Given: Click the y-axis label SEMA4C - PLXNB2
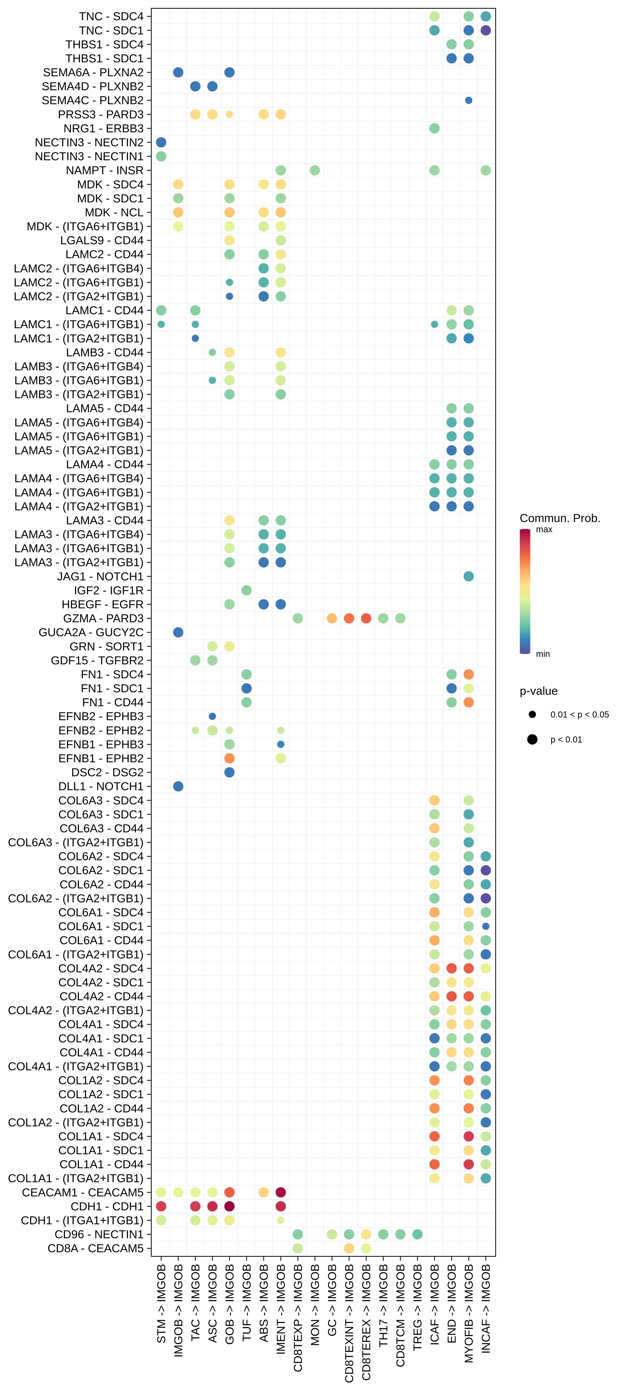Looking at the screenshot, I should point(93,100).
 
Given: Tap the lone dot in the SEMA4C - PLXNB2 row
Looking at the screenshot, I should point(469,100).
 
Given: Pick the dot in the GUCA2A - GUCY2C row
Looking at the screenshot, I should point(178,632).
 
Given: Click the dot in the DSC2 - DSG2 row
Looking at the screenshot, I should point(229,772).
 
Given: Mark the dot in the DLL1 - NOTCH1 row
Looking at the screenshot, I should point(178,786).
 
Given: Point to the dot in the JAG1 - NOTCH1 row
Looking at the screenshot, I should point(469,576).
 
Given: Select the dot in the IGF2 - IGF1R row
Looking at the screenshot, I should point(247,590).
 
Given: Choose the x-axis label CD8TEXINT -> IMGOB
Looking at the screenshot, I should point(349,1323).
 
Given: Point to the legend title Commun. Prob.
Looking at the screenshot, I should point(560,518).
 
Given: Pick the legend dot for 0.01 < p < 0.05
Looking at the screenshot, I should point(532,714).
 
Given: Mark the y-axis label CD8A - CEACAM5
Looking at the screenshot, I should point(96,1248).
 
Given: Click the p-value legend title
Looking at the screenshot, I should point(539,691).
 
